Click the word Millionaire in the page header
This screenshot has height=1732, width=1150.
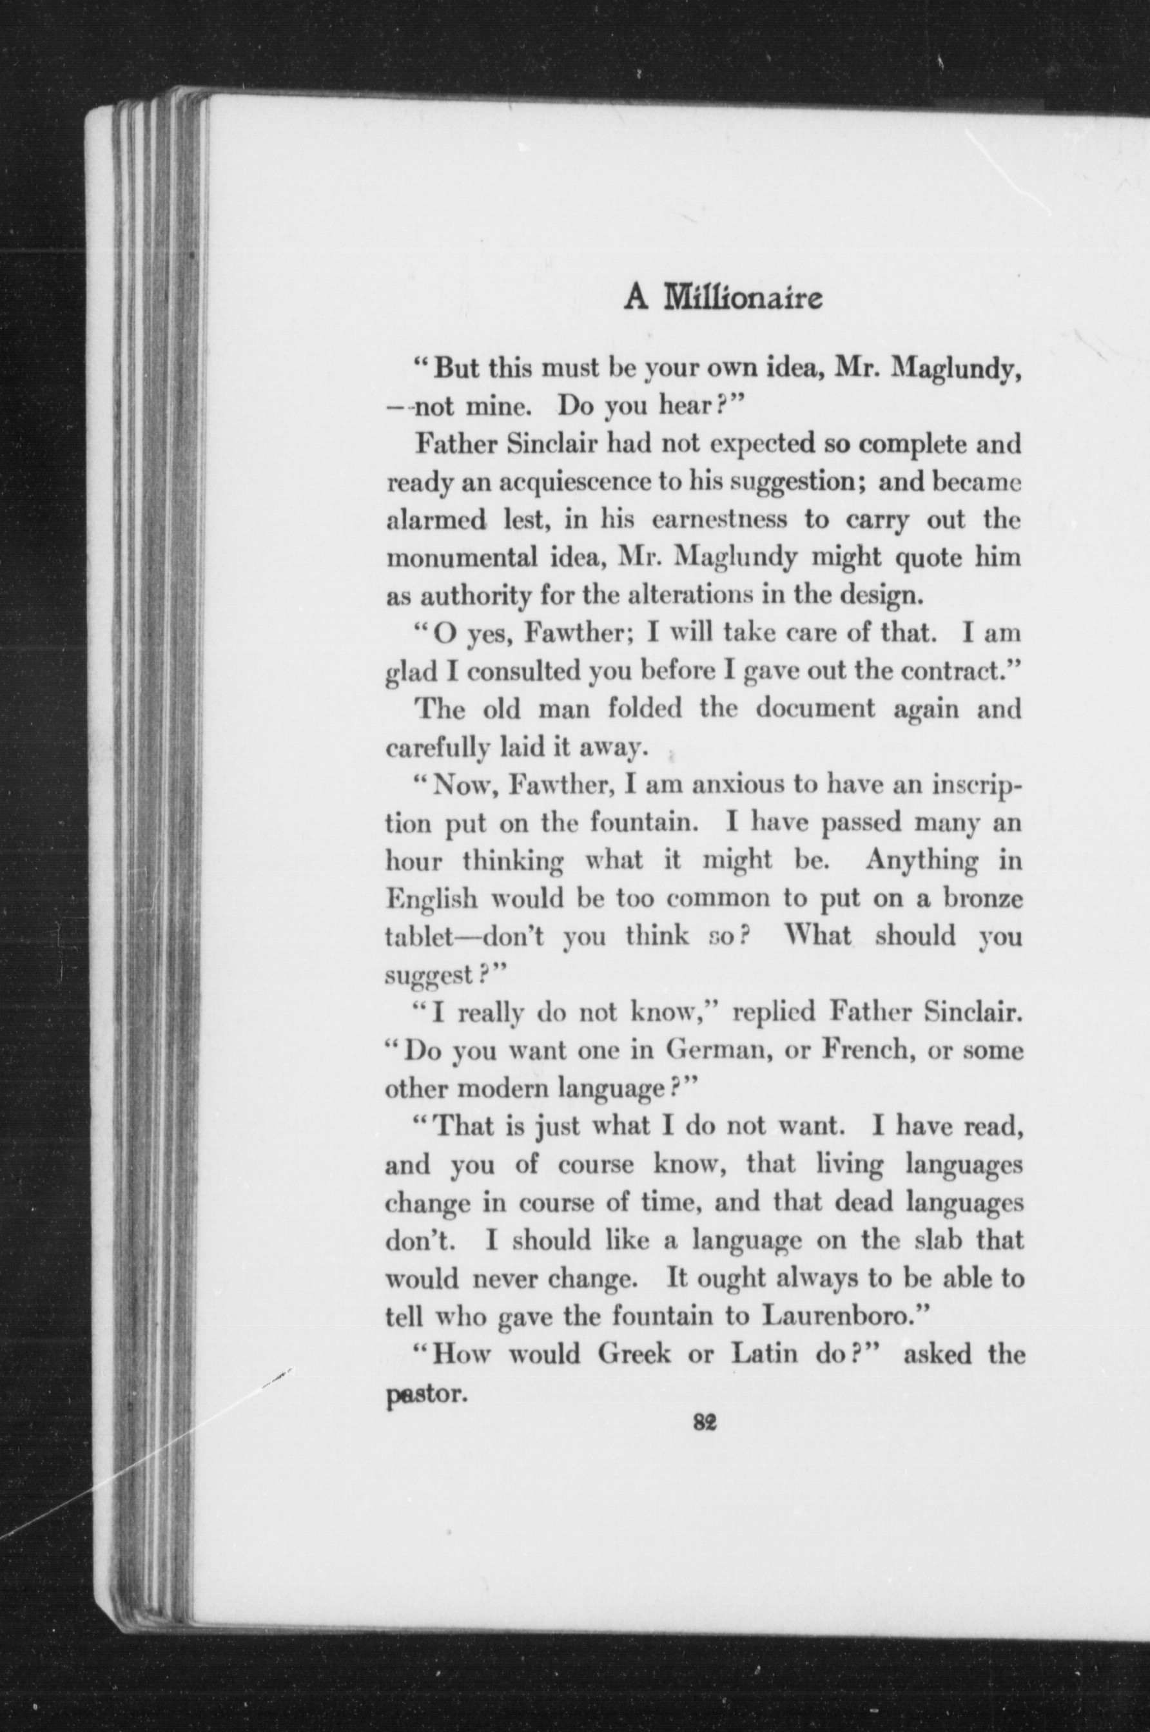click(743, 298)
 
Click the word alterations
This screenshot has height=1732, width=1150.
click(680, 595)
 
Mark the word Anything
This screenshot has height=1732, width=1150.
click(921, 860)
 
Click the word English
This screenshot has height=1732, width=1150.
click(432, 899)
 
